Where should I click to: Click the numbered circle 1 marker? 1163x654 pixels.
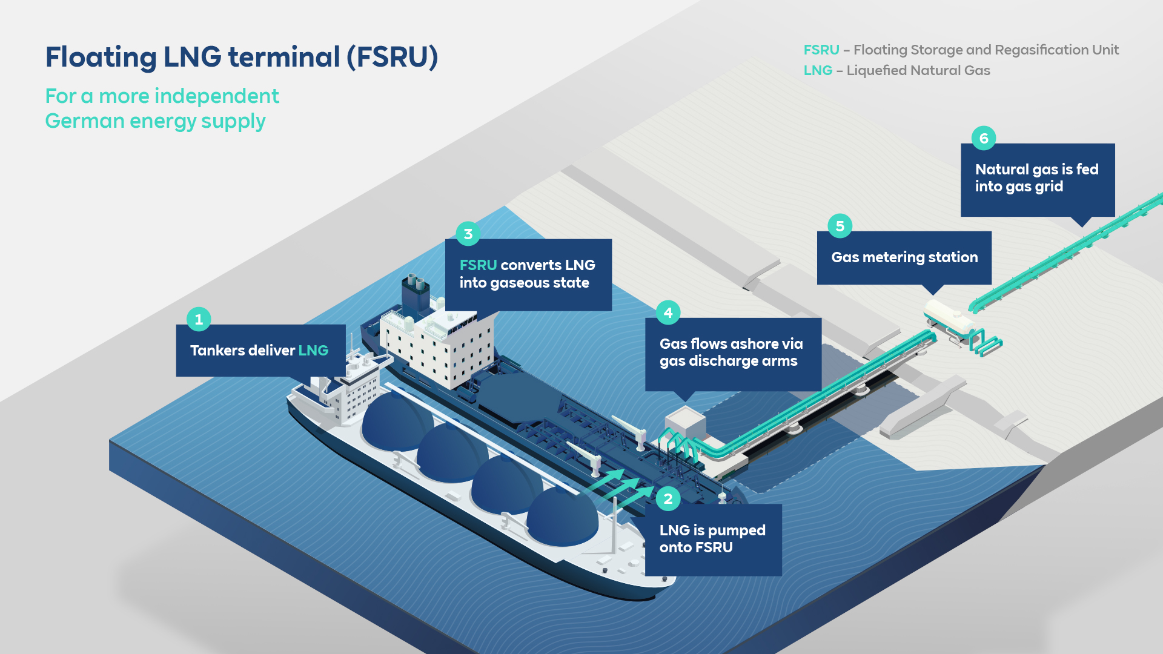(199, 319)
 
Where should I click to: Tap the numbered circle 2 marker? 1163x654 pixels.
(668, 499)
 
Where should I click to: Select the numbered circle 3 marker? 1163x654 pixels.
(468, 234)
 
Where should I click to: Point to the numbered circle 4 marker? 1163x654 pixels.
(668, 312)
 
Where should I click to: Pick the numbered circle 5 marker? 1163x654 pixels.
(840, 226)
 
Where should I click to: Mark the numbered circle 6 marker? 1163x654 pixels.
(984, 138)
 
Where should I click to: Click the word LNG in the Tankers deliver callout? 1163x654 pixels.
(313, 351)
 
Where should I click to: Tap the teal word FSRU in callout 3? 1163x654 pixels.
(478, 265)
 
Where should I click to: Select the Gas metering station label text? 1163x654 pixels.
(904, 257)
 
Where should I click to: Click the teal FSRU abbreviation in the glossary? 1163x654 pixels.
(821, 50)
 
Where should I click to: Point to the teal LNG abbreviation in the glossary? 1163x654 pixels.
(818, 70)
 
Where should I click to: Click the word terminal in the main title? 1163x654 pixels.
(283, 57)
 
